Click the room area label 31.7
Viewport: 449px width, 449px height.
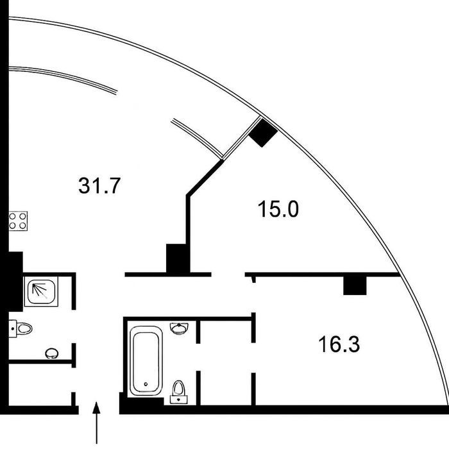[99, 185]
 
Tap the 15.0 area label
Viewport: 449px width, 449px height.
[278, 209]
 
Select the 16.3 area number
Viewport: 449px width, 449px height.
[339, 344]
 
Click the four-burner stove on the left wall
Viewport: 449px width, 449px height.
[18, 221]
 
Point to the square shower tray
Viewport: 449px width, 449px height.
[41, 291]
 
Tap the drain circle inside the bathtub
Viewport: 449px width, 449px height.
[146, 384]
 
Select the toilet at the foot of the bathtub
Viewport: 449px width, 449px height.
[179, 393]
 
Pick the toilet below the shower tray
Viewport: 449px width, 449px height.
[21, 328]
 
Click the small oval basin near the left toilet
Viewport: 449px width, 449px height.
[52, 353]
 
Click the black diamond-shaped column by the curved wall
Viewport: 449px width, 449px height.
[263, 133]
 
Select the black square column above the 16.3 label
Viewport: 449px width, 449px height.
[355, 286]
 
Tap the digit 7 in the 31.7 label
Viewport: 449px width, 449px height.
[112, 185]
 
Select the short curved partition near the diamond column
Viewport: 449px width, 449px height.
[197, 139]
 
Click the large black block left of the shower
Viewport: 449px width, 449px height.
[12, 282]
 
